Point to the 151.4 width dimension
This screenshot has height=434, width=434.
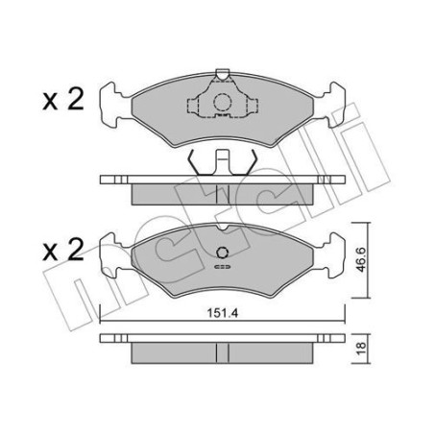click(222, 311)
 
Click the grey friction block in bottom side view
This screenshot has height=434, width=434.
click(222, 350)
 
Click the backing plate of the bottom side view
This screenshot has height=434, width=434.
click(222, 337)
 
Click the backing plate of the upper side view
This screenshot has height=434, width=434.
click(222, 180)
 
